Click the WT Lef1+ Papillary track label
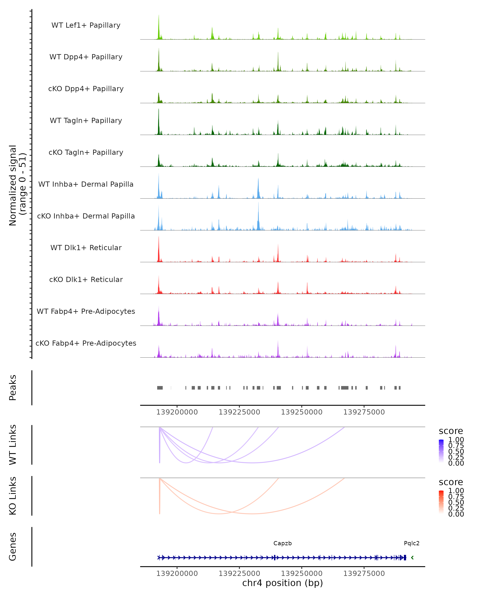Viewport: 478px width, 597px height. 86,25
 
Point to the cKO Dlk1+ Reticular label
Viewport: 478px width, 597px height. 86,279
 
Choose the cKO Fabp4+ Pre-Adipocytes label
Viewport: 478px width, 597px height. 86,343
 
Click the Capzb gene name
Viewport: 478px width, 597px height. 282,543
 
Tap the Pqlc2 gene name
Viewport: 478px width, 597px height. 411,543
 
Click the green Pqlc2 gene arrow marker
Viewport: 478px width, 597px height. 412,558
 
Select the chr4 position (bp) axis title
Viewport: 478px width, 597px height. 282,583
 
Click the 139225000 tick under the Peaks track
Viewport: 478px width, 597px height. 239,412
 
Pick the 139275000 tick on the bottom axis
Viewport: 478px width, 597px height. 364,574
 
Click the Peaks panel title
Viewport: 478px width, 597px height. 13,388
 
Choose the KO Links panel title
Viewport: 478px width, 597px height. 13,496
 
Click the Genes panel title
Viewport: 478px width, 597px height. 13,547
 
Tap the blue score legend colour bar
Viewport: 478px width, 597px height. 441,451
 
